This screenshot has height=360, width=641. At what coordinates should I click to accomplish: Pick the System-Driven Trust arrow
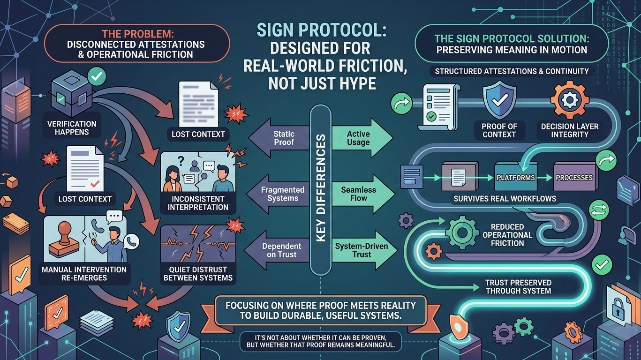(x=360, y=250)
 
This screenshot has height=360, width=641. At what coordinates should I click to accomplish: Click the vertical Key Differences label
(x=321, y=187)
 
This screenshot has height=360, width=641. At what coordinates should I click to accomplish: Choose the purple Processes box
(x=574, y=177)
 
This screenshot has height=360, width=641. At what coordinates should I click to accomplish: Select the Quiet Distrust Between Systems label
(x=197, y=274)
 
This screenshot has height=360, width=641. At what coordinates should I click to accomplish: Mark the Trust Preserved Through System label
(x=518, y=287)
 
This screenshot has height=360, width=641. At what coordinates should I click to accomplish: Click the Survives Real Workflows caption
(x=505, y=199)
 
